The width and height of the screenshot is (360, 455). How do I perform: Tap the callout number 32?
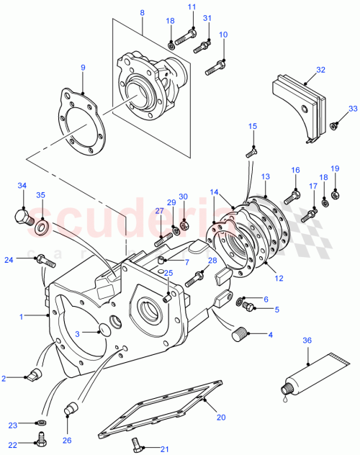(x=320, y=71)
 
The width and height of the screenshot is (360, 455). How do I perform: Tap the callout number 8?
(x=142, y=13)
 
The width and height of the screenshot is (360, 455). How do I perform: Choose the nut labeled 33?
(x=335, y=127)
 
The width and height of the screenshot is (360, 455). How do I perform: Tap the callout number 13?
(x=265, y=176)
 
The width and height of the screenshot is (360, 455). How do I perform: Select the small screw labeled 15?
(x=251, y=151)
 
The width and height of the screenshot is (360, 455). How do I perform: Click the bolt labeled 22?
(x=41, y=438)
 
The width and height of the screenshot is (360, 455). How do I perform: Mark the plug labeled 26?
(x=71, y=411)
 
